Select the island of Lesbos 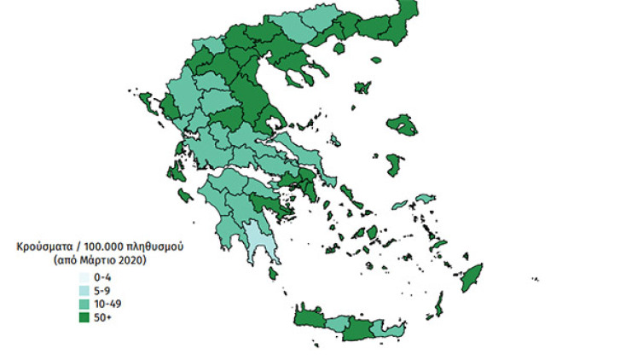click(x=402, y=126)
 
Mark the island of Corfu click(x=147, y=104)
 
